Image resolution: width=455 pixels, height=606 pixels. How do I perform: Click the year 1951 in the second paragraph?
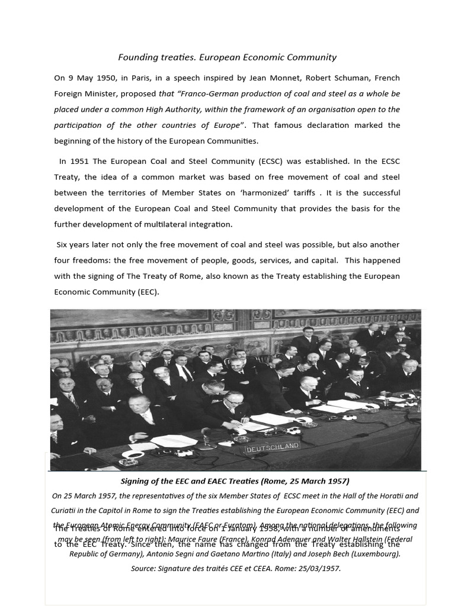point(79,161)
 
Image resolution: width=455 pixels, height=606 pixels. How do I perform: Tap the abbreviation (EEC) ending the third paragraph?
point(148,292)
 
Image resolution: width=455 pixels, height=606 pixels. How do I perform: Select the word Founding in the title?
point(136,57)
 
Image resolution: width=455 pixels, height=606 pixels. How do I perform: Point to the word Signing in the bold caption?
point(137,481)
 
